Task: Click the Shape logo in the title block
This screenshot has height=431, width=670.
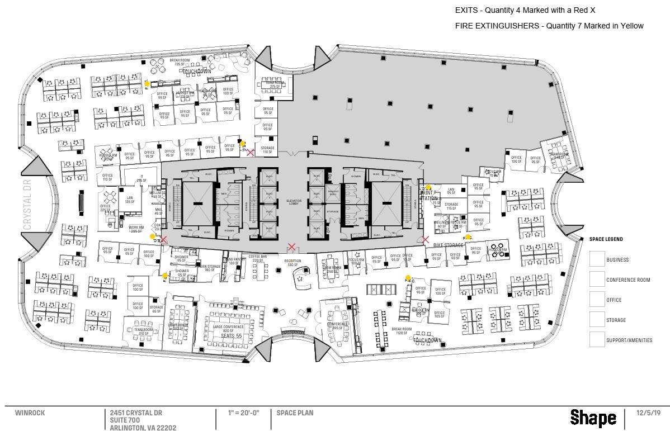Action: tap(593, 418)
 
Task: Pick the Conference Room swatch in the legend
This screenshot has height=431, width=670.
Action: tap(597, 279)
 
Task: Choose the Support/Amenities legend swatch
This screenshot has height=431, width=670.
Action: tap(597, 339)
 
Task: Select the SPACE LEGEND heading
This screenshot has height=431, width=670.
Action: tap(606, 239)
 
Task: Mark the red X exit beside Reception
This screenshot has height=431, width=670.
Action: tap(291, 247)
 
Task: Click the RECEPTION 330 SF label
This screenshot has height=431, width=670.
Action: tap(292, 263)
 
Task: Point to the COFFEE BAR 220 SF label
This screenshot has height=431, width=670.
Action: tap(258, 259)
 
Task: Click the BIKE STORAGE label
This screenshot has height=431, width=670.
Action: tap(448, 245)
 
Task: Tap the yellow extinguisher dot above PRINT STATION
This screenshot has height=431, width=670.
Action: tap(428, 187)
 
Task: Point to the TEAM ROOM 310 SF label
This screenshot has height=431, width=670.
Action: tap(144, 331)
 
